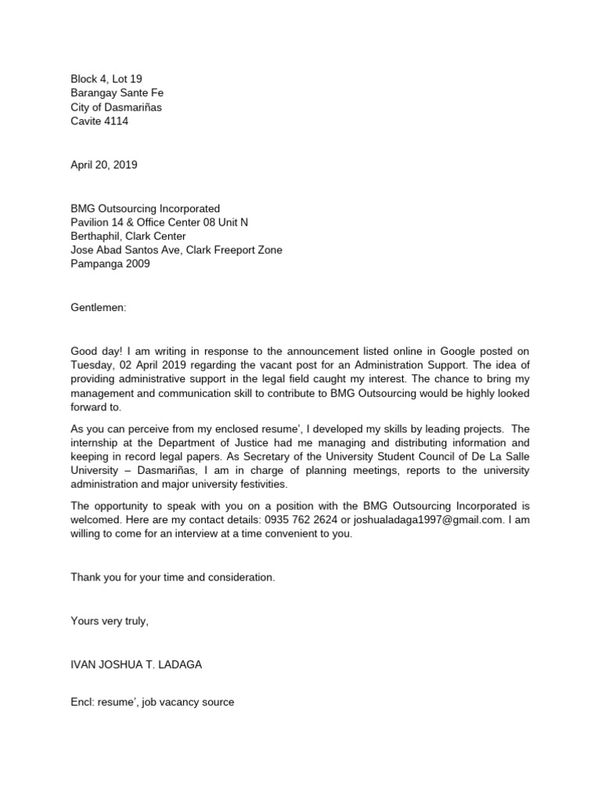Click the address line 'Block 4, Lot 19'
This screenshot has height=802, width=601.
(106, 78)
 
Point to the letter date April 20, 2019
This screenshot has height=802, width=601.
(104, 164)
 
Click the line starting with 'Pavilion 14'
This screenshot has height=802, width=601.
(160, 222)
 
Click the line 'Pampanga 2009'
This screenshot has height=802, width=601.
(110, 265)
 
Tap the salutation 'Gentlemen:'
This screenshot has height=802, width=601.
(98, 308)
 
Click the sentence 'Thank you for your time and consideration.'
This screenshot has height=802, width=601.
(173, 577)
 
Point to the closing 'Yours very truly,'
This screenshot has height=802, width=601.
(110, 620)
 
